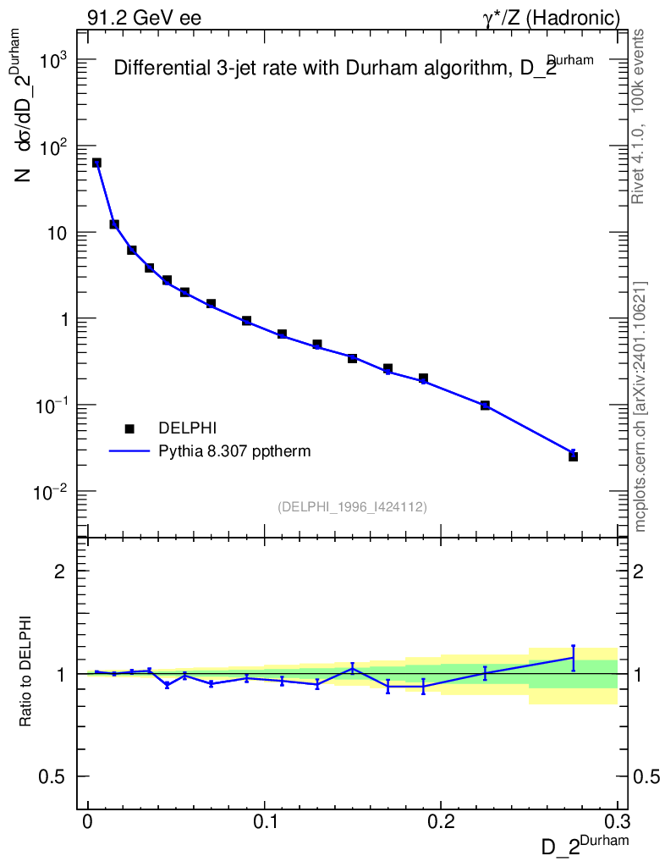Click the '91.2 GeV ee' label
144,17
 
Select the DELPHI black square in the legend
130,428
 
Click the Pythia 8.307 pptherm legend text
235,451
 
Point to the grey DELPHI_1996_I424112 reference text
352,506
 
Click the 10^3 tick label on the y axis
54,61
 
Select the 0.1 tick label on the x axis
264,822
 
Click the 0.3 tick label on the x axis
617,822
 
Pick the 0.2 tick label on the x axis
441,822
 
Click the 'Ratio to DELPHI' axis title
26,671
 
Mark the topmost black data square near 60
96,163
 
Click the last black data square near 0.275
573,456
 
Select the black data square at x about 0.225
485,406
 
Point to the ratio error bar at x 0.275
573,658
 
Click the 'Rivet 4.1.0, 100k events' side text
639,116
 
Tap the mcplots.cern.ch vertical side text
640,406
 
